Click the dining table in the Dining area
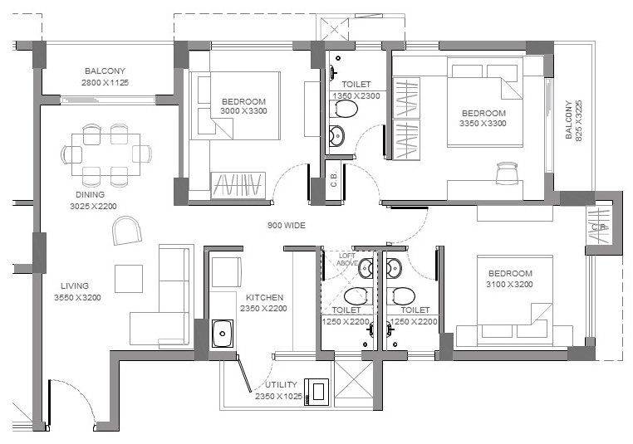click(x=105, y=154)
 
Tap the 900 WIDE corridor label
click(x=287, y=226)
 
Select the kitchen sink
click(x=223, y=334)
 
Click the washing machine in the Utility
click(x=316, y=392)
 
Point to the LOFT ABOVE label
click(x=347, y=259)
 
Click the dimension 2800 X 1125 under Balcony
click(x=105, y=83)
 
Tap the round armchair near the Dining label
click(x=127, y=230)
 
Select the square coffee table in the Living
click(x=129, y=279)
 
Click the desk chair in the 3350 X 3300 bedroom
click(x=507, y=173)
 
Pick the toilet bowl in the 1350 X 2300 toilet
click(x=344, y=109)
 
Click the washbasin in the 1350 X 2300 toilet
click(x=336, y=136)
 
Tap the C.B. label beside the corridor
click(x=333, y=180)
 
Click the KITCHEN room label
click(x=264, y=298)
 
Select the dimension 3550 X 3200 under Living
click(x=77, y=298)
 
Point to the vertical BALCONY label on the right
click(x=568, y=120)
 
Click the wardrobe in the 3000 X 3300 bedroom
click(x=238, y=186)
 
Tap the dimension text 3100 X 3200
click(x=509, y=285)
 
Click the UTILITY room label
click(x=281, y=385)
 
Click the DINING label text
click(x=90, y=195)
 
